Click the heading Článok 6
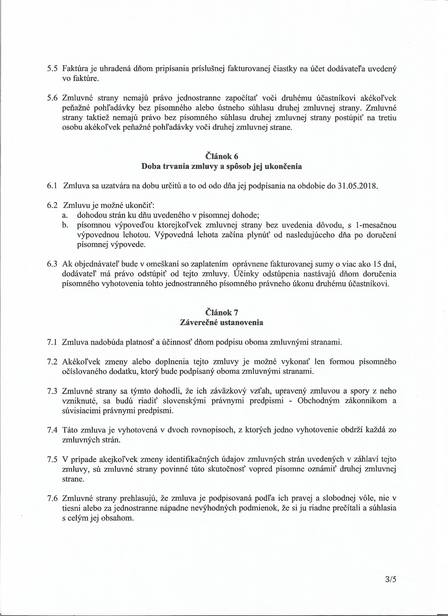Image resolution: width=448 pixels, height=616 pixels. (222, 156)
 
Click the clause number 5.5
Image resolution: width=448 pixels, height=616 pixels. (52, 69)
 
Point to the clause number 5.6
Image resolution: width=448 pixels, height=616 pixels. (52, 98)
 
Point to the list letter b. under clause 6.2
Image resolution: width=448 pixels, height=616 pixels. (65, 226)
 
